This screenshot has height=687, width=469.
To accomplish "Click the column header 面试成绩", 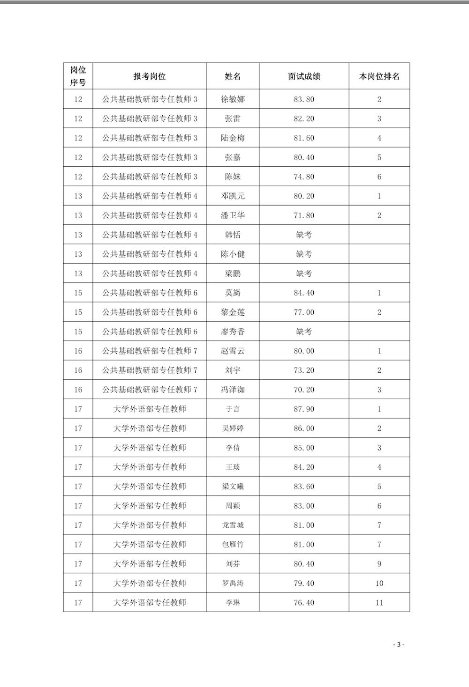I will (x=304, y=76).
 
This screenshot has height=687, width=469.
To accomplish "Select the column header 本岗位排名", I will (x=379, y=76).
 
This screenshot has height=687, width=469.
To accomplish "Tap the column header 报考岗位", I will (x=150, y=76).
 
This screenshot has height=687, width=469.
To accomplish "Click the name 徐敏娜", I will (x=233, y=99).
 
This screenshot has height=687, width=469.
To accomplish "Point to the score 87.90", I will (x=304, y=409).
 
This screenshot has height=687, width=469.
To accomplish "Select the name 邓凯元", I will (x=233, y=196).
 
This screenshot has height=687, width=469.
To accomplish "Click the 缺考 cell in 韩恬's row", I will (x=304, y=235).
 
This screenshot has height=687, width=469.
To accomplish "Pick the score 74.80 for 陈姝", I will (x=304, y=177).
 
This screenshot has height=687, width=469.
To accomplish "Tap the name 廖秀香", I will (x=233, y=332).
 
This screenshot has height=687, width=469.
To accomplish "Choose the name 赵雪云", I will (x=233, y=351).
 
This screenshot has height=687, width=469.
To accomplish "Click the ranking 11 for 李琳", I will (x=379, y=603).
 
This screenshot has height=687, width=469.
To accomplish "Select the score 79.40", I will (x=304, y=583).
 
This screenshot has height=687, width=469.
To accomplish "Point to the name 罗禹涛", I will (x=233, y=583).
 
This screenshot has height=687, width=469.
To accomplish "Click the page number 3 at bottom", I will (x=398, y=644).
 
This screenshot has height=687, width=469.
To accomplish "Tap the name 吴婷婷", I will (x=233, y=428).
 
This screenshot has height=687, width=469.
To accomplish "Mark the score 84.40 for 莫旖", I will (x=304, y=293).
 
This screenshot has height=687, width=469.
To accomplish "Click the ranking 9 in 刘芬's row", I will (x=379, y=564).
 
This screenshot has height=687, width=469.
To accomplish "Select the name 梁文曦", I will (x=233, y=487).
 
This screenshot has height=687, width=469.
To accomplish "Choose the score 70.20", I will (x=304, y=390).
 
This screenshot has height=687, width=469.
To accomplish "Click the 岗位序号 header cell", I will (x=78, y=76).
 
